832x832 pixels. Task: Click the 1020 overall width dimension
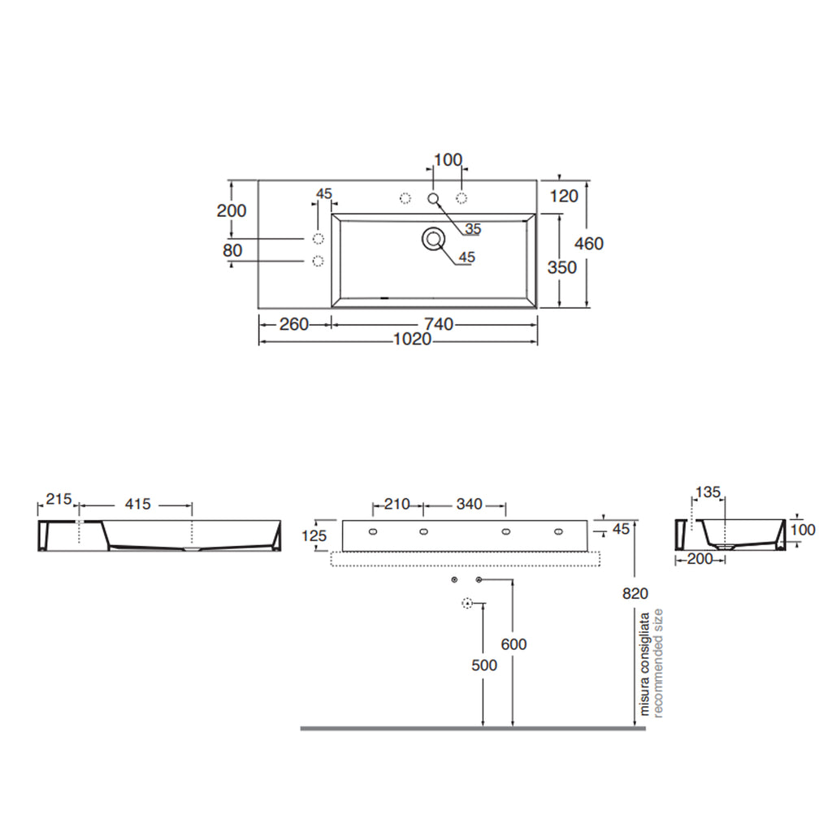point(412,339)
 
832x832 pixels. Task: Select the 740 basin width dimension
point(439,323)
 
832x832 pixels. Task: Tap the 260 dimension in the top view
point(294,323)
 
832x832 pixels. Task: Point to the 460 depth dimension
point(589,244)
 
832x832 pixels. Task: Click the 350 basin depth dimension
point(562,266)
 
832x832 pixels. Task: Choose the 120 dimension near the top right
point(564,197)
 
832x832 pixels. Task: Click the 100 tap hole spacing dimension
point(448,160)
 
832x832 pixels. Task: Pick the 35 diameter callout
point(473,228)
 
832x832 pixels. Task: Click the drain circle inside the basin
point(434,240)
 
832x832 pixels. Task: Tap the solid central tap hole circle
point(434,198)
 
